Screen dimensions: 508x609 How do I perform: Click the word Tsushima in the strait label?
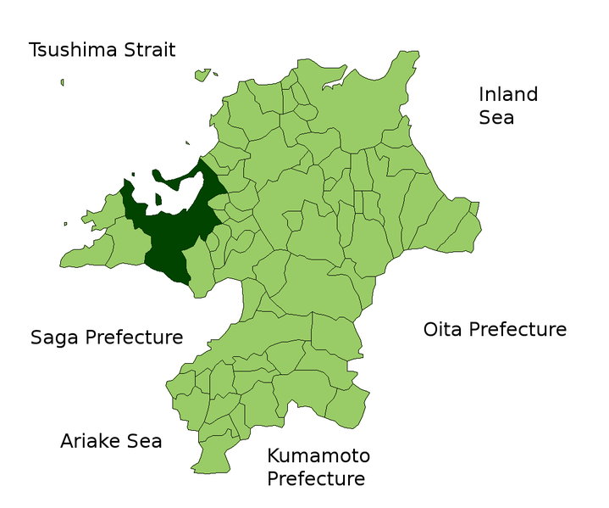(x=70, y=49)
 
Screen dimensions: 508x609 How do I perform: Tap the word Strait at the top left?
(x=146, y=49)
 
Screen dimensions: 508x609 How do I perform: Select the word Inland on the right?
(x=508, y=94)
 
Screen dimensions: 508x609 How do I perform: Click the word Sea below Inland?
(x=496, y=118)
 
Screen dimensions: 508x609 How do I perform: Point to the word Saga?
(x=55, y=338)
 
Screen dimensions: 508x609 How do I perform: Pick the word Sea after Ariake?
(x=144, y=441)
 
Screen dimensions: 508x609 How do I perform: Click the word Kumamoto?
(x=318, y=456)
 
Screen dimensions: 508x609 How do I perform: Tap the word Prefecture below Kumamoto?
(x=316, y=479)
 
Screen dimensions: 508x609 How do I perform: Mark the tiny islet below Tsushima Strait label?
(x=62, y=82)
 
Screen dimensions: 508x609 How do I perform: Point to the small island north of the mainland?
(x=202, y=75)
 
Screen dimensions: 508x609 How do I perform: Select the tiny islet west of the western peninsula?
(x=65, y=224)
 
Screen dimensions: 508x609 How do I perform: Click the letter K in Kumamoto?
(x=274, y=456)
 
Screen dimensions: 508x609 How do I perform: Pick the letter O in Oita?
(x=431, y=329)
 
